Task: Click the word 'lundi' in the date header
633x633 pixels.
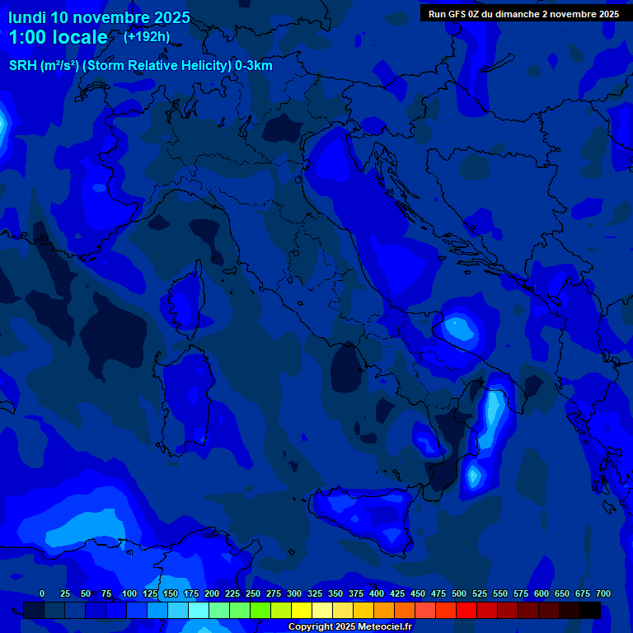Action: (x=27, y=17)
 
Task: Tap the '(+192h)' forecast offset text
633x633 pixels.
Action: (x=147, y=36)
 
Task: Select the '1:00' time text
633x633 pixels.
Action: (x=25, y=37)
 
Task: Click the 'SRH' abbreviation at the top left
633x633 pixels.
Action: (x=23, y=66)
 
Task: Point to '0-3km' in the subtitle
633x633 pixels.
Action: (x=254, y=66)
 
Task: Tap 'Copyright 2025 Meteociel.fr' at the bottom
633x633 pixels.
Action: (x=349, y=627)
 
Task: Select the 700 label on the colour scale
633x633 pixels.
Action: (x=603, y=593)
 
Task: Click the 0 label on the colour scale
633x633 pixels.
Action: (x=42, y=593)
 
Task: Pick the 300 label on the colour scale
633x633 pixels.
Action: (x=294, y=593)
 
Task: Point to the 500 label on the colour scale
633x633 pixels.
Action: (x=459, y=593)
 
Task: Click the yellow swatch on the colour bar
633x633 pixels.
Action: (x=302, y=610)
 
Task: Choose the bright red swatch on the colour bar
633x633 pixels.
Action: (x=467, y=610)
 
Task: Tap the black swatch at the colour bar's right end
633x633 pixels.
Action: (x=590, y=610)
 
